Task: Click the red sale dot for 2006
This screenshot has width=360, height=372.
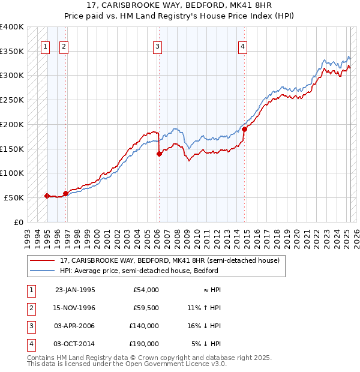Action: click(x=159, y=154)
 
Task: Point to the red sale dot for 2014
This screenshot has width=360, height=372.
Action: click(x=245, y=129)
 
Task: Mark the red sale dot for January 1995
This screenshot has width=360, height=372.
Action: click(x=47, y=196)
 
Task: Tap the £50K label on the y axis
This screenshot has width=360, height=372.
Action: click(x=14, y=197)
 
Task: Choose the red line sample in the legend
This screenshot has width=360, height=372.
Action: click(x=42, y=261)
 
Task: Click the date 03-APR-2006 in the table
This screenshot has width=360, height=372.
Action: click(x=74, y=326)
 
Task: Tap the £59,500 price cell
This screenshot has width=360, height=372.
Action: click(x=146, y=308)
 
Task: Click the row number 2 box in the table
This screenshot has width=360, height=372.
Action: click(x=30, y=308)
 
